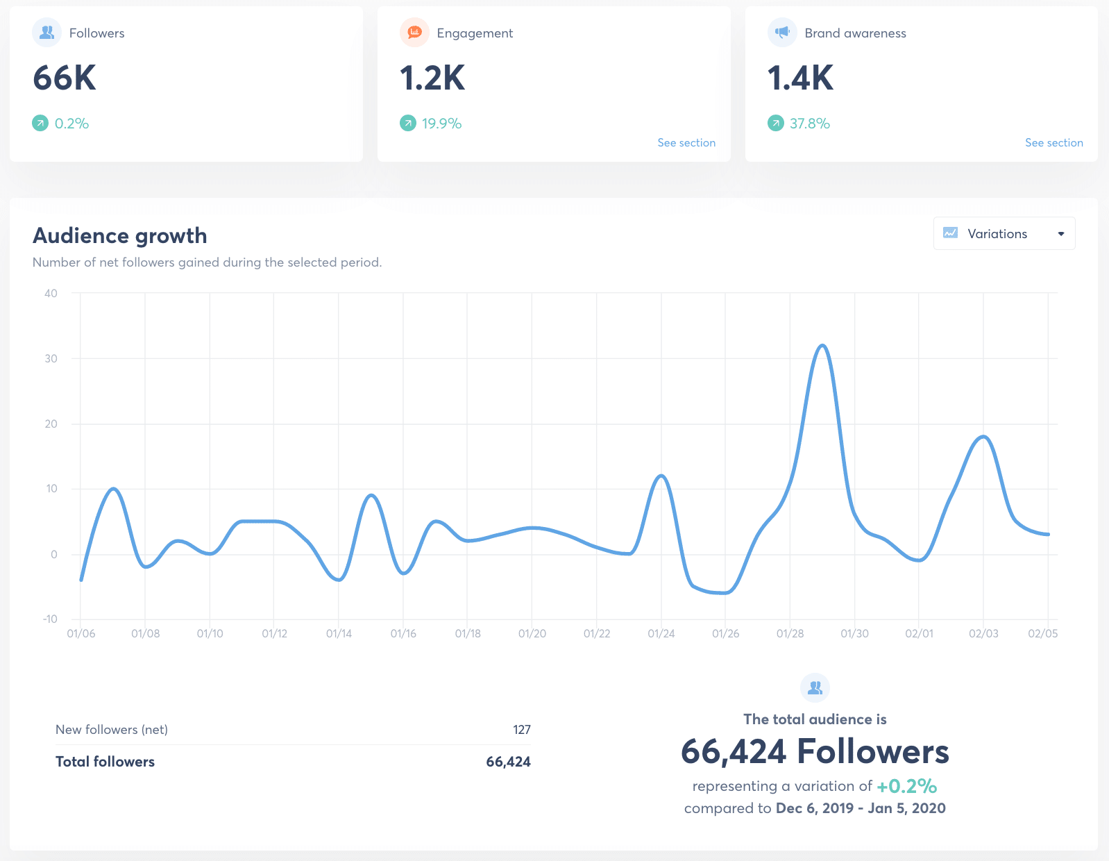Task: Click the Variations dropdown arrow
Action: pyautogui.click(x=1060, y=234)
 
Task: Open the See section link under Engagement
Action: pyautogui.click(x=686, y=142)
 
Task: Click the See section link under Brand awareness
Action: pyautogui.click(x=1053, y=142)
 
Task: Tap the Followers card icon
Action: pyautogui.click(x=47, y=33)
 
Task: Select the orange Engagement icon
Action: pyautogui.click(x=415, y=33)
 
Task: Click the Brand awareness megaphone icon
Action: pyautogui.click(x=783, y=33)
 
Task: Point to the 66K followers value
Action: pyautogui.click(x=65, y=78)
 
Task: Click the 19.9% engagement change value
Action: pyautogui.click(x=441, y=124)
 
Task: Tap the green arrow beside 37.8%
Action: pyautogui.click(x=775, y=124)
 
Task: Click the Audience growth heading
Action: pyautogui.click(x=120, y=236)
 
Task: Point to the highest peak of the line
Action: pyautogui.click(x=822, y=345)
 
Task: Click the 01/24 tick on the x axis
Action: pyautogui.click(x=661, y=633)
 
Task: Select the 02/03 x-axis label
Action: pyautogui.click(x=983, y=633)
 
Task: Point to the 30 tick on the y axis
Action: pyautogui.click(x=51, y=358)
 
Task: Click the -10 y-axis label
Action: pyautogui.click(x=50, y=619)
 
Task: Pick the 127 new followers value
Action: pyautogui.click(x=522, y=730)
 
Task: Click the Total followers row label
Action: pyautogui.click(x=105, y=762)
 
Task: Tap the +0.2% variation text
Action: pyautogui.click(x=906, y=786)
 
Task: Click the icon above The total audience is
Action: pyautogui.click(x=815, y=687)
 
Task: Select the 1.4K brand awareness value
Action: pyautogui.click(x=800, y=78)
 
